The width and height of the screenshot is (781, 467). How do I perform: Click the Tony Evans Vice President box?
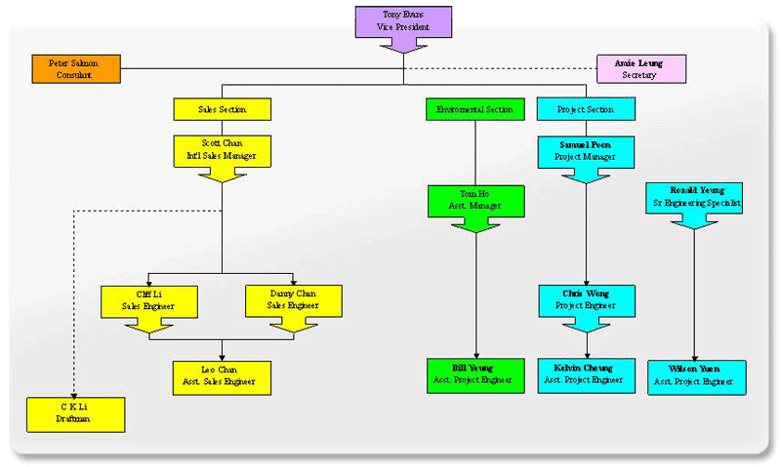[x=403, y=21]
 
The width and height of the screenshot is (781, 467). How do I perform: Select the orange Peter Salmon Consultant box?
[x=76, y=68]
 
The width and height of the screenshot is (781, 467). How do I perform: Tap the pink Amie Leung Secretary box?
[x=641, y=68]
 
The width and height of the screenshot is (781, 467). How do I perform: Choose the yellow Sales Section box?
[x=222, y=109]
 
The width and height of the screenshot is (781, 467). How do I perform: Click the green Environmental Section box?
[x=475, y=109]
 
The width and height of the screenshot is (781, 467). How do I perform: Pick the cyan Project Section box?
[x=586, y=109]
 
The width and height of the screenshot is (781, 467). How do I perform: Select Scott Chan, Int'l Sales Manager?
[x=222, y=149]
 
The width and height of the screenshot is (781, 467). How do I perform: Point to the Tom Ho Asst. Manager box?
[x=475, y=200]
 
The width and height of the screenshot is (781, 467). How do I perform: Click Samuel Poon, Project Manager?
[x=586, y=150]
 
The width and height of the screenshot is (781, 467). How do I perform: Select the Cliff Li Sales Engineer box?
[x=149, y=299]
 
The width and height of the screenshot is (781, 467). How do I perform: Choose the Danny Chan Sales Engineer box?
[x=293, y=299]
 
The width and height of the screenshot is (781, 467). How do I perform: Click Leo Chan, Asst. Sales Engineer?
[x=222, y=376]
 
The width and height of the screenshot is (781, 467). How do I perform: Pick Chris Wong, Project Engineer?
[x=586, y=299]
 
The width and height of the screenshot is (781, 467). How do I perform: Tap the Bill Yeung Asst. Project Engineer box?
[x=475, y=375]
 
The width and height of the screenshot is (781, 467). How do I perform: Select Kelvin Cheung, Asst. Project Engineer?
[x=586, y=375]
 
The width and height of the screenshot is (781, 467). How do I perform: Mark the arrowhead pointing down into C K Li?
[x=75, y=393]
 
